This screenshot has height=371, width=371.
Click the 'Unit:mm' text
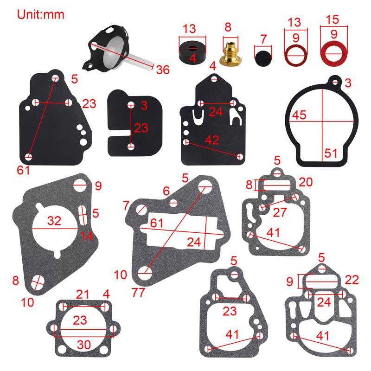pos(41,14)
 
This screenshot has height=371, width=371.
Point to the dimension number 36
pos(162,70)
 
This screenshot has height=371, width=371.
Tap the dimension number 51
pos(330,153)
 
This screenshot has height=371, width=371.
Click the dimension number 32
pos(54,222)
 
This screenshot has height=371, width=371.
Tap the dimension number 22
pos(352,280)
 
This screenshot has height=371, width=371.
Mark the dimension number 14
pos(86,236)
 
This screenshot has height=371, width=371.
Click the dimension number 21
pos(82,294)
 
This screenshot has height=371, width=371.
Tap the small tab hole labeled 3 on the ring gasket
pos(333,82)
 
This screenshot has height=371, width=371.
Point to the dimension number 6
pos(166,191)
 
